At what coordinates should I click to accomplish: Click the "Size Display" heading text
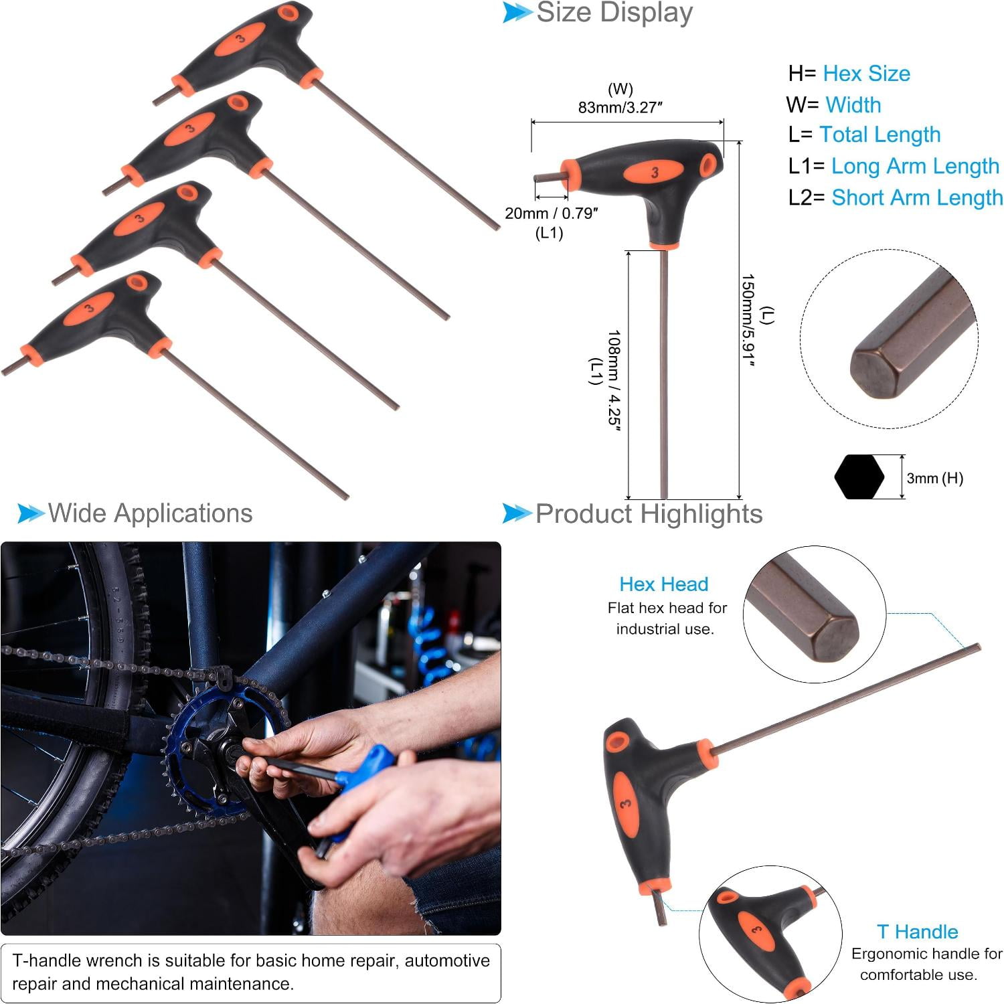pyautogui.click(x=614, y=13)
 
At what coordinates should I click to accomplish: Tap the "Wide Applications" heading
pyautogui.click(x=151, y=513)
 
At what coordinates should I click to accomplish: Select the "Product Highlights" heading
pyautogui.click(x=649, y=513)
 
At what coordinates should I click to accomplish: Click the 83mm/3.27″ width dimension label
pyautogui.click(x=620, y=107)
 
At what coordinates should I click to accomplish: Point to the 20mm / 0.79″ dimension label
pyautogui.click(x=552, y=213)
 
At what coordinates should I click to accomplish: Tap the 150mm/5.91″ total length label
pyautogui.click(x=748, y=321)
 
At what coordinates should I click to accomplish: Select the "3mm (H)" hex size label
pyautogui.click(x=935, y=478)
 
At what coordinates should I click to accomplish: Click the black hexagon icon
pyautogui.click(x=859, y=477)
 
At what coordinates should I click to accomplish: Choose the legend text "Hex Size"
pyautogui.click(x=866, y=73)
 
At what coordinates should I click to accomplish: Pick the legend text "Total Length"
pyautogui.click(x=880, y=135)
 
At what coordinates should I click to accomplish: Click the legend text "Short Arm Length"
pyautogui.click(x=917, y=197)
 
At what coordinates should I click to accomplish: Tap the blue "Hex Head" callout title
pyautogui.click(x=663, y=584)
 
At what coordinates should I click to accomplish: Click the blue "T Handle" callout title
pyautogui.click(x=917, y=931)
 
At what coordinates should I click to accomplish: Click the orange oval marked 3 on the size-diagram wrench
pyautogui.click(x=654, y=172)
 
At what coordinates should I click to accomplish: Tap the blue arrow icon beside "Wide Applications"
pyautogui.click(x=31, y=513)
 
